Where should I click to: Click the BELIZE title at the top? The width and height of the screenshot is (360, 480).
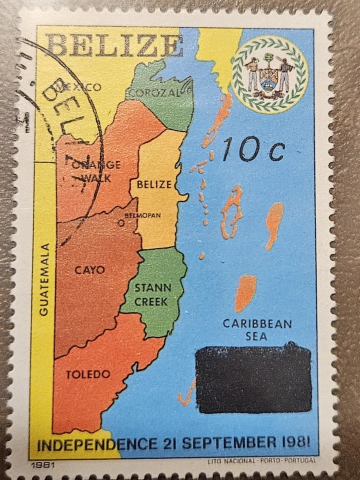(114, 45)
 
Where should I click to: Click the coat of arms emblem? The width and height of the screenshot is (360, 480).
(269, 74)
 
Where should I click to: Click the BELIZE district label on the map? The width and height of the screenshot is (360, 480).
(154, 184)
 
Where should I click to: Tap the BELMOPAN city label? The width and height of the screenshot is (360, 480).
(142, 215)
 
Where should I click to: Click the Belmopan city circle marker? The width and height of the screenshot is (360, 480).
(121, 223)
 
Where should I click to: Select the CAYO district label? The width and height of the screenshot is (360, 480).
(90, 270)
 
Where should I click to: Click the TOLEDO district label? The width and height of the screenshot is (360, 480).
(88, 374)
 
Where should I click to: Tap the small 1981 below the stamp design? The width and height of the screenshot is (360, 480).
(42, 464)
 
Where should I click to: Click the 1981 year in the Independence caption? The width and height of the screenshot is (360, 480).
(295, 442)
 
